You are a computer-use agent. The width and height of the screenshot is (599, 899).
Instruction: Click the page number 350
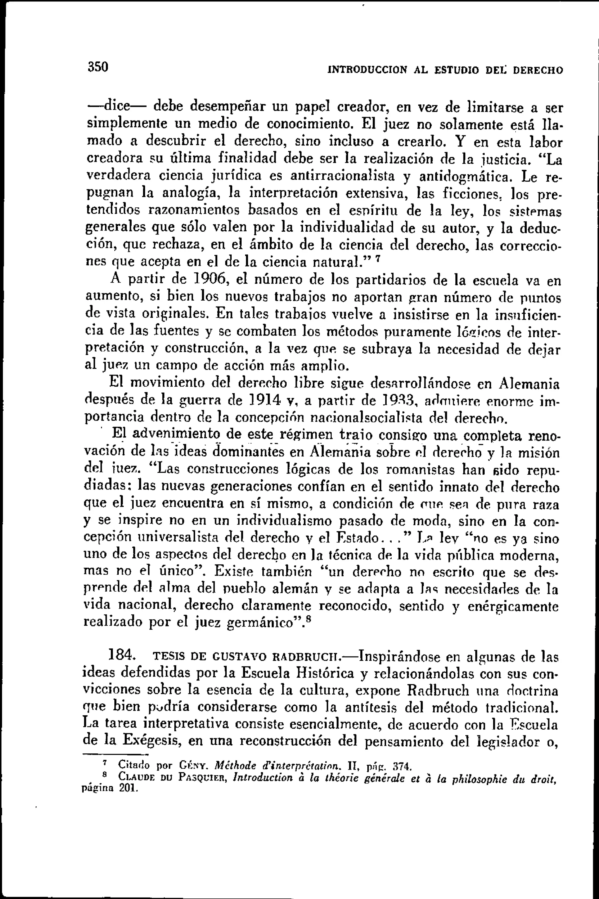coord(99,67)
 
